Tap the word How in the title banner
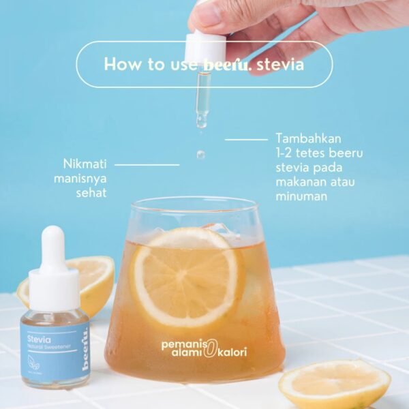pyautogui.click(x=120, y=65)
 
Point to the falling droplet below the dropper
pyautogui.click(x=201, y=155)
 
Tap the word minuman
pyautogui.click(x=302, y=196)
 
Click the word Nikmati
pyautogui.click(x=85, y=164)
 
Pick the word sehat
pyautogui.click(x=91, y=193)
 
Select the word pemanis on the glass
pyautogui.click(x=179, y=344)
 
